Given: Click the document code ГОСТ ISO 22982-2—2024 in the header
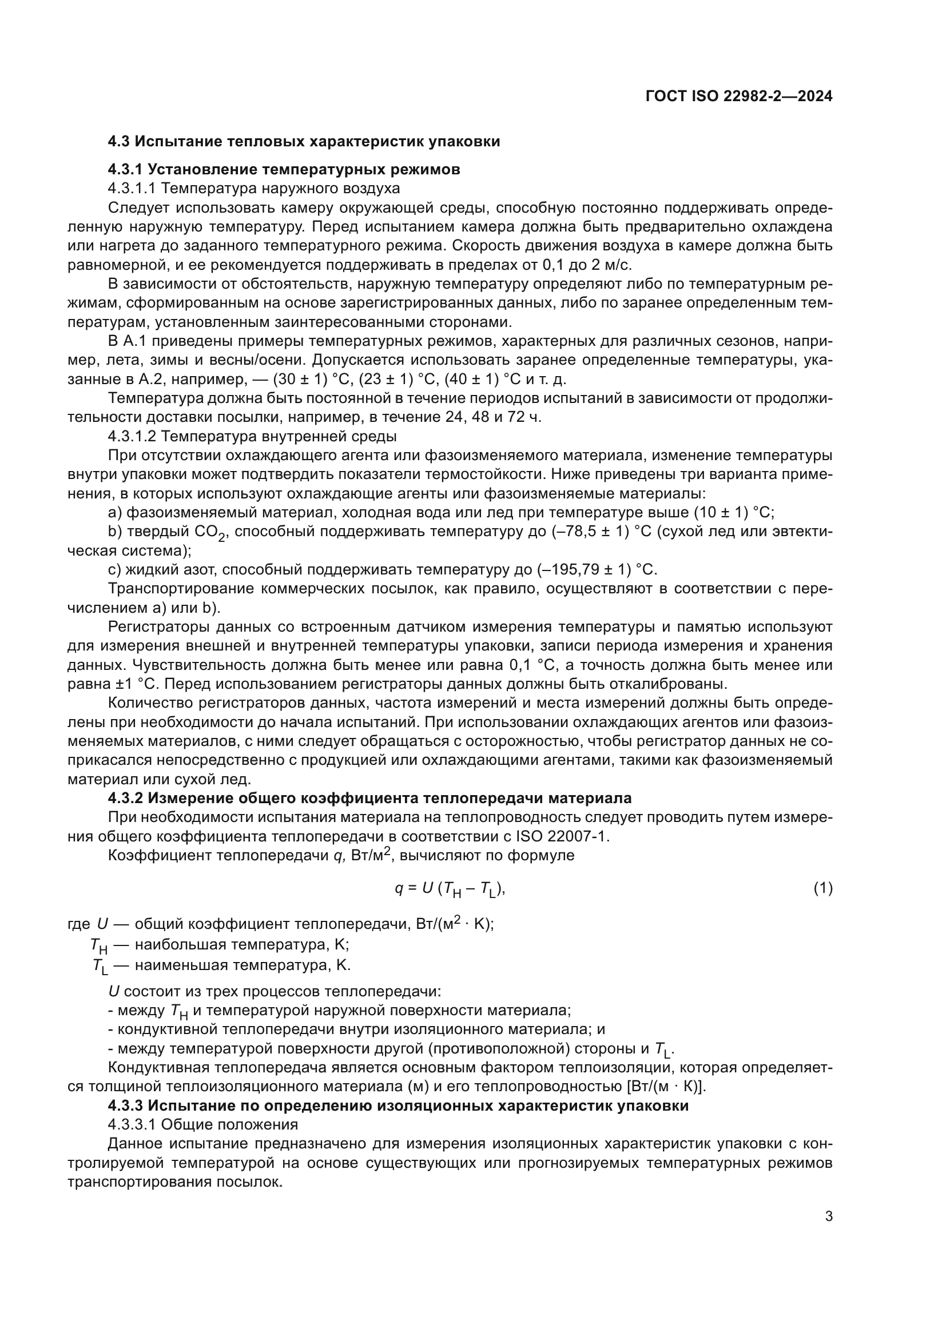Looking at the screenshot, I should pyautogui.click(x=738, y=96).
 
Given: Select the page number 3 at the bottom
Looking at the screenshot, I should pyautogui.click(x=828, y=1216).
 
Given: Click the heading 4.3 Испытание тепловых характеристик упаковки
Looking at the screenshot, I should pyautogui.click(x=304, y=142).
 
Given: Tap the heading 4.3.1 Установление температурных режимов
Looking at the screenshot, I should pyautogui.click(x=284, y=169).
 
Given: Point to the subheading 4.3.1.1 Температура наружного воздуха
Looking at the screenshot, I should pyautogui.click(x=254, y=188).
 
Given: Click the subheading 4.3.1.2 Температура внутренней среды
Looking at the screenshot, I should pyautogui.click(x=252, y=436).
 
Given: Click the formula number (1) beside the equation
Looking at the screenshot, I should pyautogui.click(x=822, y=888).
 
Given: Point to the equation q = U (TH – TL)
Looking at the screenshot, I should pyautogui.click(x=449, y=889).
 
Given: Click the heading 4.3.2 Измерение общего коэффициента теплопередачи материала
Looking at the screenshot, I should pyautogui.click(x=369, y=798).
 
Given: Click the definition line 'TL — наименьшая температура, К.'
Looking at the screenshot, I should pyautogui.click(x=221, y=965).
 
